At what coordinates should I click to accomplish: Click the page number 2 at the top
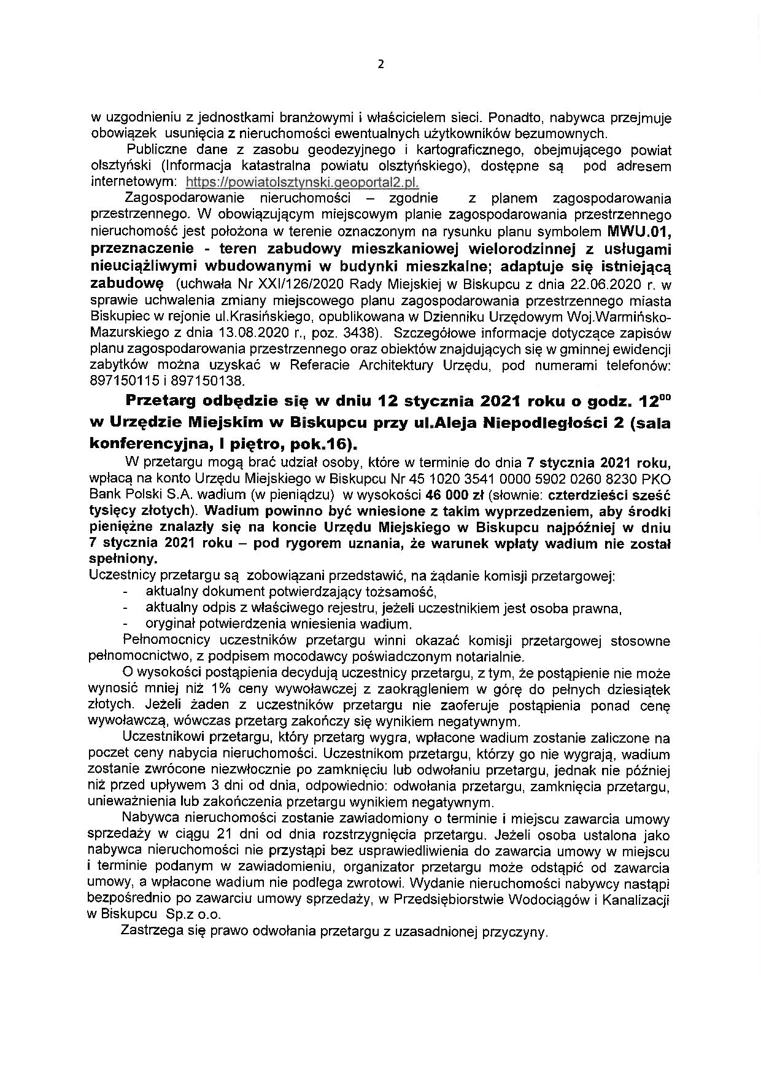point(381,64)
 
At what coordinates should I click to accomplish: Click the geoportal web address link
point(301,182)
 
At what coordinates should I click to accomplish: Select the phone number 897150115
point(119,381)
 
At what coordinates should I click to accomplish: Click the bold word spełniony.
point(123,559)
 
